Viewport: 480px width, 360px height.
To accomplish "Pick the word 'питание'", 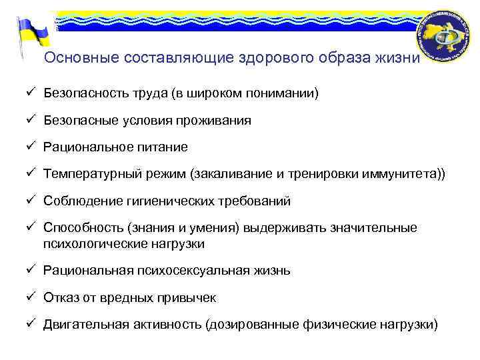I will pos(163,147).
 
